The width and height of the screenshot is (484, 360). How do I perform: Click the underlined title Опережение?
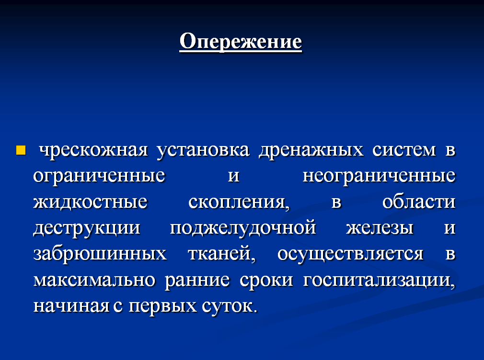coord(241,41)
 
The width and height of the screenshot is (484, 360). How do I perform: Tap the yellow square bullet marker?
coord(21,150)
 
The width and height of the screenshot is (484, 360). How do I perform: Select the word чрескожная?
coord(93,150)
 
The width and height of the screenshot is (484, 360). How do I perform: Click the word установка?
coord(203,151)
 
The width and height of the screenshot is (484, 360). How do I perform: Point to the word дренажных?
coord(311,151)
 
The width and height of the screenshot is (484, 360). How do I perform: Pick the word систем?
coord(404,150)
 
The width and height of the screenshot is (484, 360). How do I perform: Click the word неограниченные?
coord(379,177)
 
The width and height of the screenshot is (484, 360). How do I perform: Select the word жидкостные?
coord(90,202)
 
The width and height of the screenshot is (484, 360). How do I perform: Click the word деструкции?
coord(87,228)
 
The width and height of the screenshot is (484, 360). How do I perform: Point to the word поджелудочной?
coord(243,228)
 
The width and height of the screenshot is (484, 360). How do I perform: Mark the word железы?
coord(380,228)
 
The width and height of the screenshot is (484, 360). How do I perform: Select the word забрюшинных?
coord(100,254)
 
